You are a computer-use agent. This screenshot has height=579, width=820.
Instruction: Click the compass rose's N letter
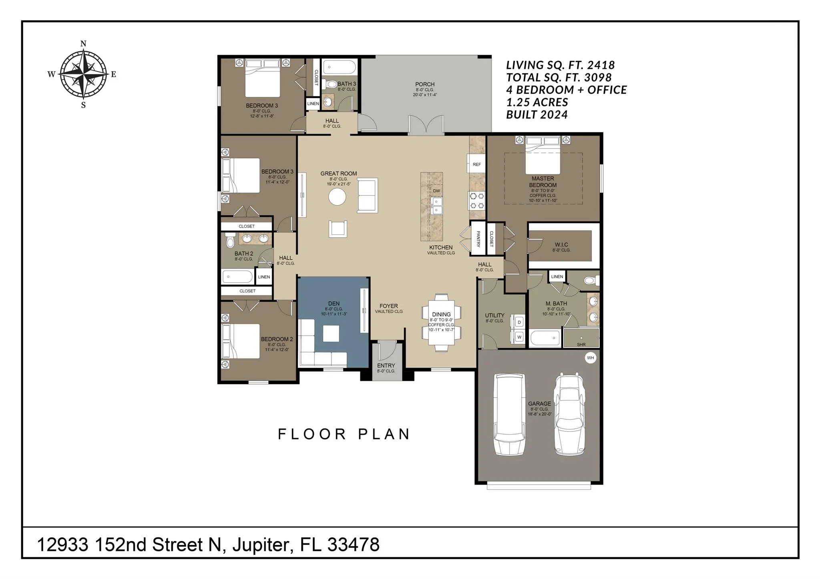[83, 44]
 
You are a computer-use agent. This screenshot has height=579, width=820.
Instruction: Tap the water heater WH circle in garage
[590, 358]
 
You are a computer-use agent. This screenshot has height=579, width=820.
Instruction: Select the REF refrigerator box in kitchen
[476, 164]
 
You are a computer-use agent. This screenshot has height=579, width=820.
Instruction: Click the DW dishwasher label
[436, 191]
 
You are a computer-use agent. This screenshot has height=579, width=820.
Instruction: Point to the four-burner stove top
[477, 201]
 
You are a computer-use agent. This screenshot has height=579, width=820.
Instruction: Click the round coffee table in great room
[337, 197]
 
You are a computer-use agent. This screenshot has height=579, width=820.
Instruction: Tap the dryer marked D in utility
[519, 322]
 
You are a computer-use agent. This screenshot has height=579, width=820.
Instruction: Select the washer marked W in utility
[519, 337]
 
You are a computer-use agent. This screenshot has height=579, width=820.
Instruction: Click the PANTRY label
[478, 239]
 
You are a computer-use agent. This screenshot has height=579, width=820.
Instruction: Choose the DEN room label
[334, 304]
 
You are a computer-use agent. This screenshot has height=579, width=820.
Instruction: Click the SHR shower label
[581, 345]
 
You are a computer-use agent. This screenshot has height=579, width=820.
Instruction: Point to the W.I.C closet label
[561, 244]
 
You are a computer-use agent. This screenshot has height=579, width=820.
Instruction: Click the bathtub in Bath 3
[340, 67]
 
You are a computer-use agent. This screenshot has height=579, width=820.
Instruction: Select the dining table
[441, 323]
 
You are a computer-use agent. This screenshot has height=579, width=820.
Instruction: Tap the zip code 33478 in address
[354, 545]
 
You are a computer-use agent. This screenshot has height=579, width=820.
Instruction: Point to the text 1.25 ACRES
[537, 102]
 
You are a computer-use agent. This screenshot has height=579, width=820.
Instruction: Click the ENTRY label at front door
[386, 365]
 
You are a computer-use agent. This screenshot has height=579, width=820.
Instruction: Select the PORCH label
[425, 84]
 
